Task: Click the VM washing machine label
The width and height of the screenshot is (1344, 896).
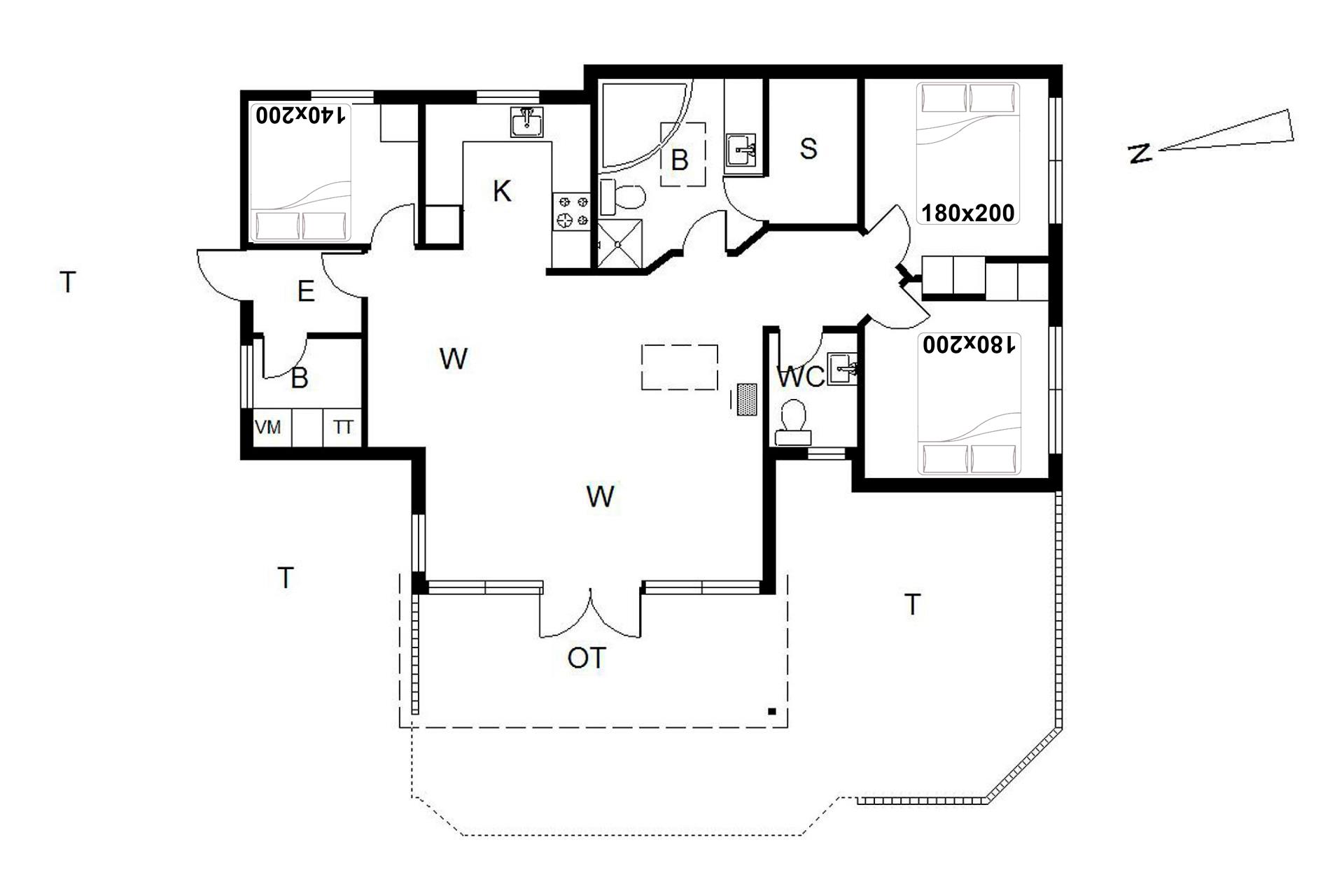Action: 268,426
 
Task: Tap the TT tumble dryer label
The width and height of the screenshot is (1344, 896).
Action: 343,427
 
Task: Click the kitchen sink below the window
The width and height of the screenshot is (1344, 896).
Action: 526,122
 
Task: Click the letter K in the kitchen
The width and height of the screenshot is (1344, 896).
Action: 502,191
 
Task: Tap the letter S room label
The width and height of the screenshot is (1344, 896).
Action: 808,148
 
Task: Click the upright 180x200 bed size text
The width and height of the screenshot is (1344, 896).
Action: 968,212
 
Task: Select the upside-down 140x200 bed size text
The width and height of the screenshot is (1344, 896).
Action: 301,115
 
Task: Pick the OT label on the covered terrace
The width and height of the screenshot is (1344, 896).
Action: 587,658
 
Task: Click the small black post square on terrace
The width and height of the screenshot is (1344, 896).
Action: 772,712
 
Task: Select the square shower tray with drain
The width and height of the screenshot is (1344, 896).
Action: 619,243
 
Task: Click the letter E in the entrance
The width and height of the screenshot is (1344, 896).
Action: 306,291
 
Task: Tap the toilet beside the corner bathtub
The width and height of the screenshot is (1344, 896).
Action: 622,197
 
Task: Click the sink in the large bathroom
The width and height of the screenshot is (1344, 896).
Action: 741,150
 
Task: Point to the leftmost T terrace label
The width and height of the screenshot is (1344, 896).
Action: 67,282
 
